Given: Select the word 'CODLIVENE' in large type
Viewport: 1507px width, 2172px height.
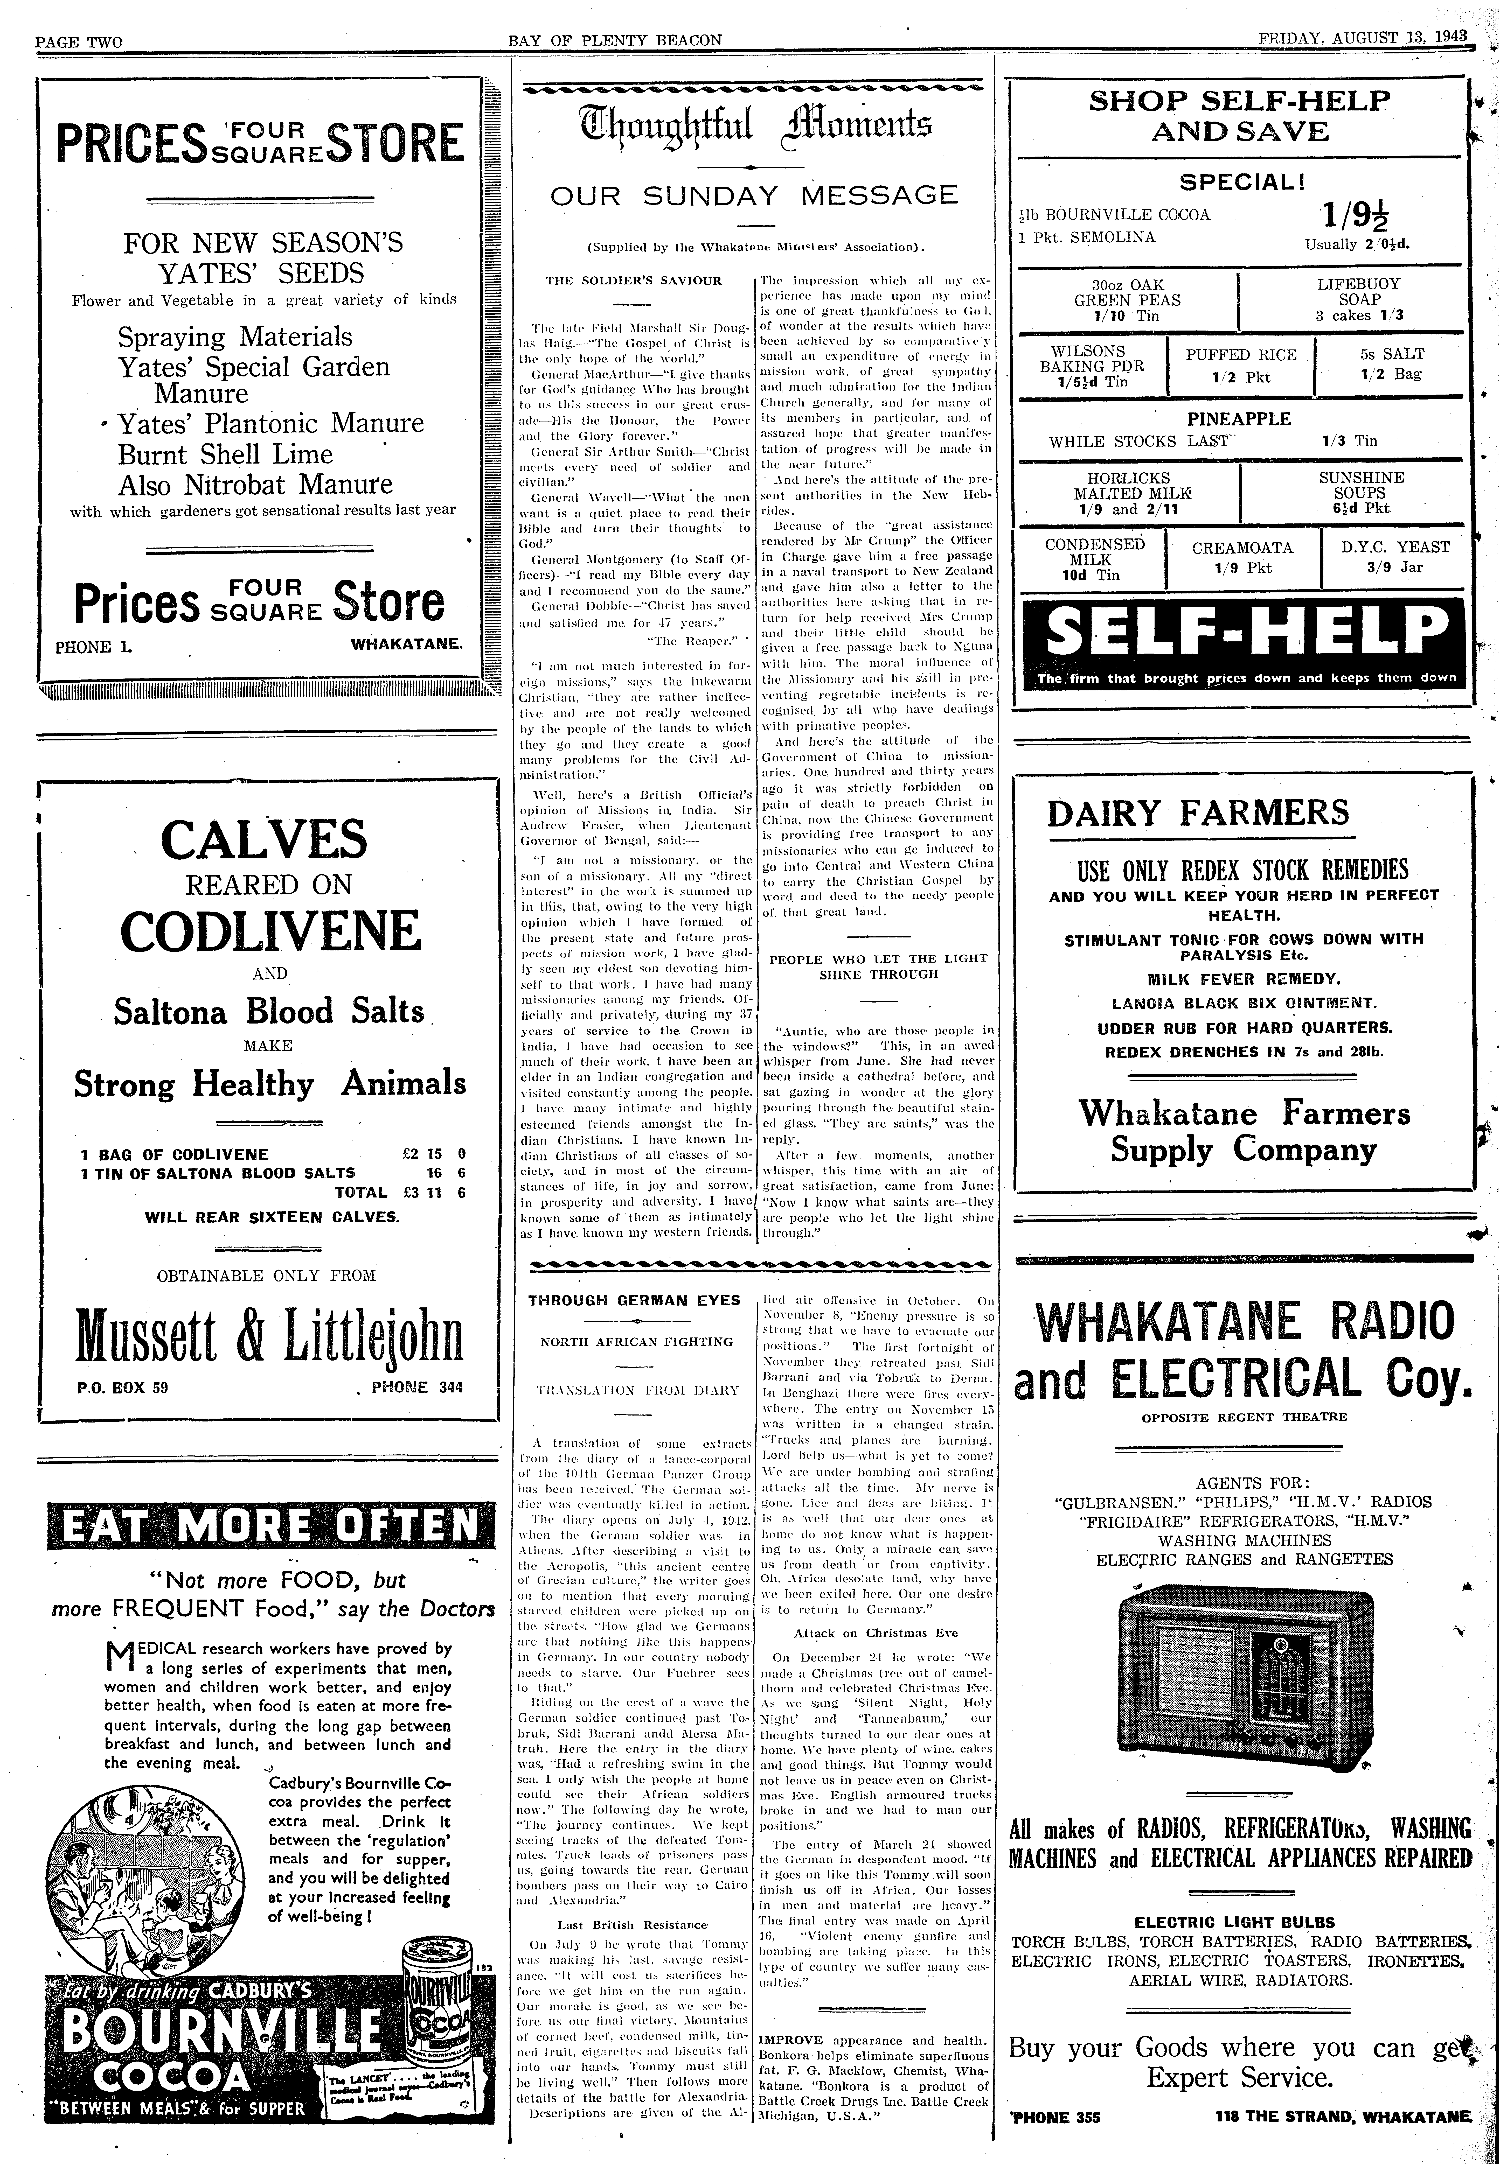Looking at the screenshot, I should click(x=270, y=932).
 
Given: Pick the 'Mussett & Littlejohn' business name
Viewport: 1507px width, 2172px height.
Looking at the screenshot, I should click(x=269, y=1339).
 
